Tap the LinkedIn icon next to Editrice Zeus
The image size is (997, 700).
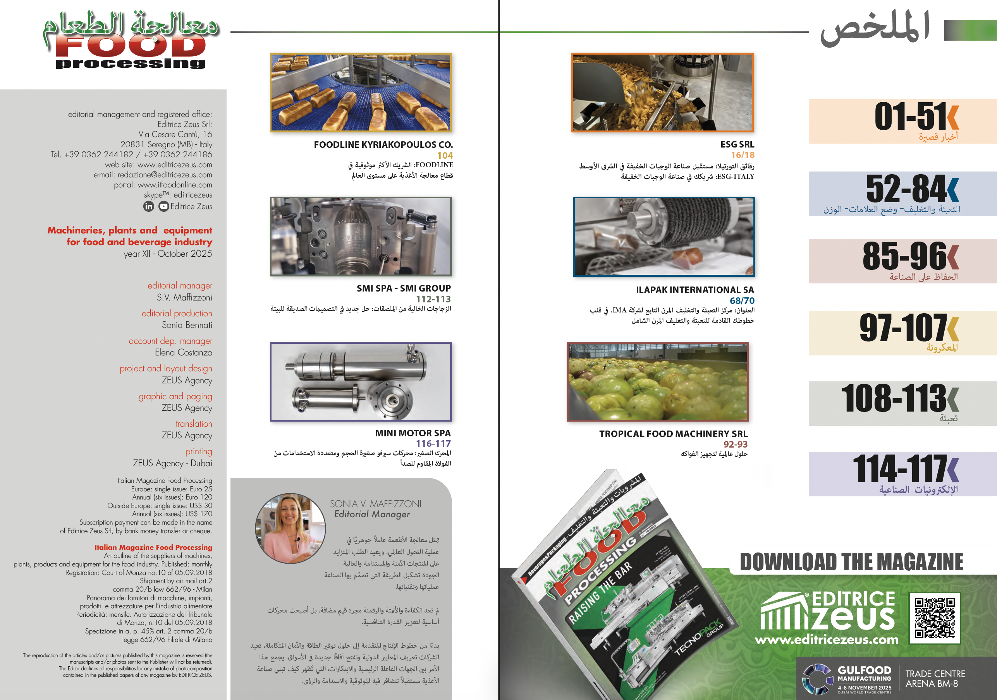pyautogui.click(x=148, y=207)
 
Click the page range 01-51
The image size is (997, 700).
pyautogui.click(x=910, y=116)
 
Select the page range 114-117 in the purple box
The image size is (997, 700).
pyautogui.click(x=899, y=469)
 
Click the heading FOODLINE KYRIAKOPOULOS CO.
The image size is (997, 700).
pyautogui.click(x=383, y=144)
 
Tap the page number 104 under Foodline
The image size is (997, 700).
pyautogui.click(x=445, y=155)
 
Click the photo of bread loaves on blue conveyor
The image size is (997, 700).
pyautogui.click(x=361, y=93)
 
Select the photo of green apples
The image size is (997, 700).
pyautogui.click(x=657, y=381)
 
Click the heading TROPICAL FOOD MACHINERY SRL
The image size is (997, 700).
pyautogui.click(x=673, y=434)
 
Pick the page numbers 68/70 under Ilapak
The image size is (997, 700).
pyautogui.click(x=742, y=300)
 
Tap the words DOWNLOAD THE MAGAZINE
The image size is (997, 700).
pyautogui.click(x=851, y=562)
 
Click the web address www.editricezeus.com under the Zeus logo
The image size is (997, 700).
pyautogui.click(x=826, y=640)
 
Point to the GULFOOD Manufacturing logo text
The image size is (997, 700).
pyautogui.click(x=864, y=674)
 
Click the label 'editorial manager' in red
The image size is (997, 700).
pyautogui.click(x=180, y=286)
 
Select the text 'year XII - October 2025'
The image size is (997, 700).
pyautogui.click(x=168, y=254)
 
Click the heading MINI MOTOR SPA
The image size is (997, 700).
pyautogui.click(x=413, y=433)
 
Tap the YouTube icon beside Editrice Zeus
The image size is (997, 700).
pyautogui.click(x=163, y=207)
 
